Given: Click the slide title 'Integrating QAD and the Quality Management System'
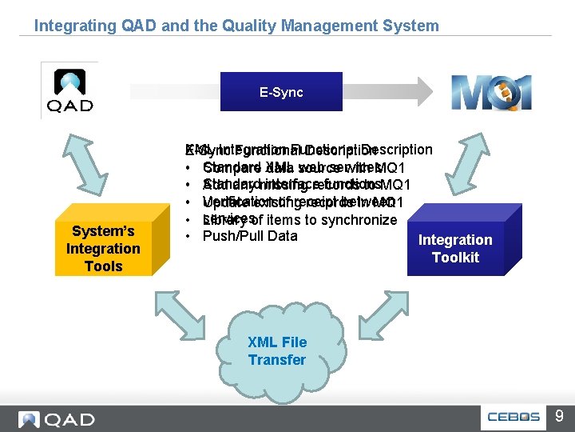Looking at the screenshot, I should (x=236, y=26).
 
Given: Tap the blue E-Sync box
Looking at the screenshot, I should (x=281, y=92).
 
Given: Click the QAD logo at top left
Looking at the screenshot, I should (x=69, y=90).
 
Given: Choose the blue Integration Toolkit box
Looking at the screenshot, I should (x=455, y=248).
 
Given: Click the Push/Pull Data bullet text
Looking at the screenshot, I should (x=250, y=236).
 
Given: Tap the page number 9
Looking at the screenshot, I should (x=559, y=417).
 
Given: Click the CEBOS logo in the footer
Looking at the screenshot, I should (x=515, y=418).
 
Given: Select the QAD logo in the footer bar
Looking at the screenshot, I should (x=56, y=419).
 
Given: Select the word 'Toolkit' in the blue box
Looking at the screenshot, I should (x=455, y=257).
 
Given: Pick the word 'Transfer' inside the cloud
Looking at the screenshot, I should (x=276, y=360).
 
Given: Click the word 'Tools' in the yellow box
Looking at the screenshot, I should (x=103, y=266).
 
